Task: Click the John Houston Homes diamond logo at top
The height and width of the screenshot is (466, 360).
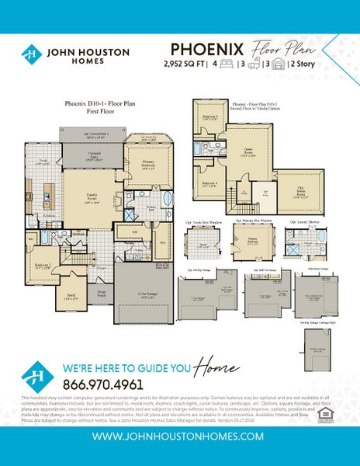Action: [31, 54]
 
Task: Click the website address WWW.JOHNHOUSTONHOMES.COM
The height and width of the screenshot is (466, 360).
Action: [179, 437]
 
